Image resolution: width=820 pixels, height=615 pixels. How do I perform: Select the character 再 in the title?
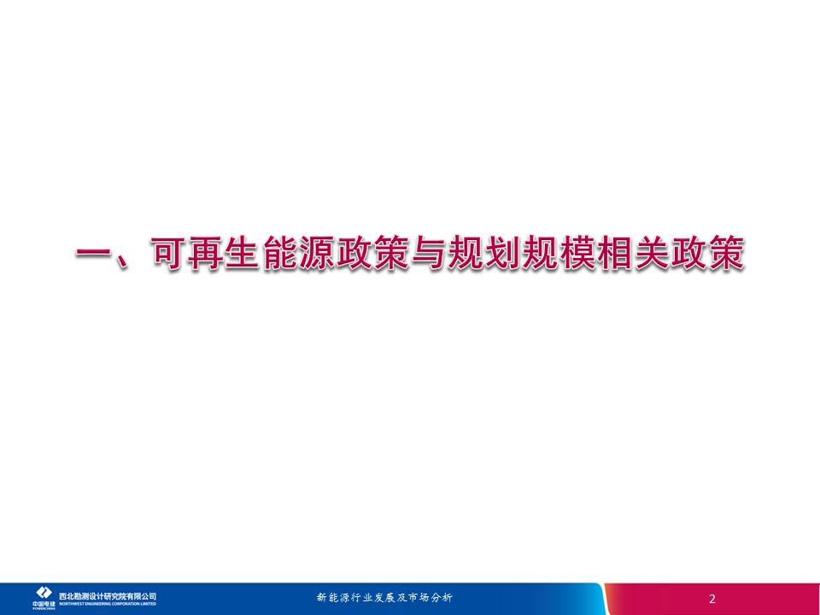(x=205, y=255)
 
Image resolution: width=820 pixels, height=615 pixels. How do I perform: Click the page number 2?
(x=712, y=599)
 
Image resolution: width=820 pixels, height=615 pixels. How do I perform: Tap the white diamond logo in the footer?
(x=44, y=593)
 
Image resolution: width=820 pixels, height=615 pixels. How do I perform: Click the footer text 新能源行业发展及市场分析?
(x=384, y=597)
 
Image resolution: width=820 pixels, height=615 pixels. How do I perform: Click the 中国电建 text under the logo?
(x=44, y=604)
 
